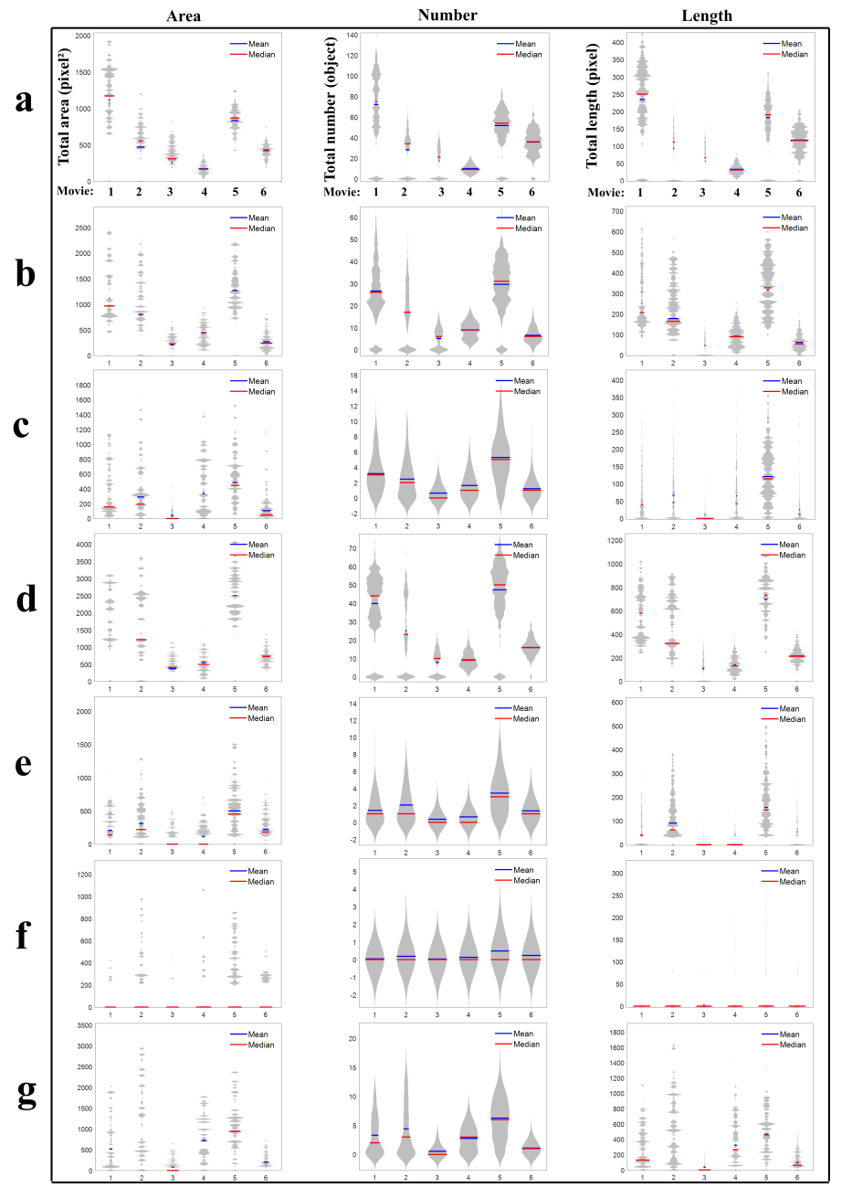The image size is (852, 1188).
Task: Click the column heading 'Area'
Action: click(x=184, y=16)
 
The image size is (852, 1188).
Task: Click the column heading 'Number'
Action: click(x=447, y=15)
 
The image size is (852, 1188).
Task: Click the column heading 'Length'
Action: click(x=707, y=16)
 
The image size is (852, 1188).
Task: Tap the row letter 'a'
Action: click(x=25, y=100)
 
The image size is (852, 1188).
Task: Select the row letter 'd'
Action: click(x=26, y=598)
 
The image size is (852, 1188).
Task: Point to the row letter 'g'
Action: click(x=26, y=1091)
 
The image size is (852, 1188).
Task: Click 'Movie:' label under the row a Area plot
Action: click(x=76, y=192)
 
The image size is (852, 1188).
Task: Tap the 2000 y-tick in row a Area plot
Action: click(x=83, y=36)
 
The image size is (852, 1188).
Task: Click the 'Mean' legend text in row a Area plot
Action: click(x=258, y=44)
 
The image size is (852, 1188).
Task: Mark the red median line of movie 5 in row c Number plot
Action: click(x=500, y=459)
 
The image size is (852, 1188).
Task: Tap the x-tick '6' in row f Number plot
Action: click(x=531, y=1014)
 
